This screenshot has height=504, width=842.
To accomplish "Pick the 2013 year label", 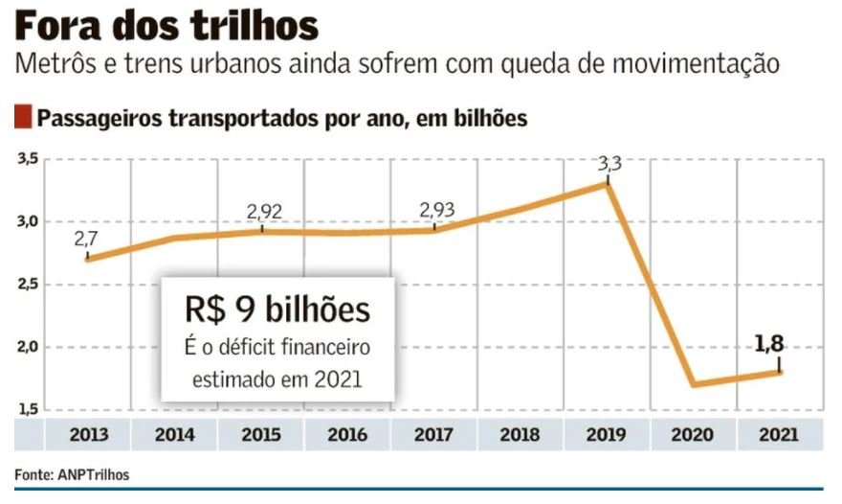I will point(88,434).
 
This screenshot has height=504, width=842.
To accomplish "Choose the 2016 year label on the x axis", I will point(346,434).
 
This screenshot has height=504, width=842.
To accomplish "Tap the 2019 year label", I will point(607,434).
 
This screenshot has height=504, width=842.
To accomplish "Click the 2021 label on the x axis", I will point(780,434).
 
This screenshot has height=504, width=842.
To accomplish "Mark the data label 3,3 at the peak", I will point(609,165).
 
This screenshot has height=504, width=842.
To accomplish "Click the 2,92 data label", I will point(263,211).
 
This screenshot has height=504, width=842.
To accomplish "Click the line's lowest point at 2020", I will point(694,384).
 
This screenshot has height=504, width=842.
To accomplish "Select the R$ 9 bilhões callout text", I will point(277,309).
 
